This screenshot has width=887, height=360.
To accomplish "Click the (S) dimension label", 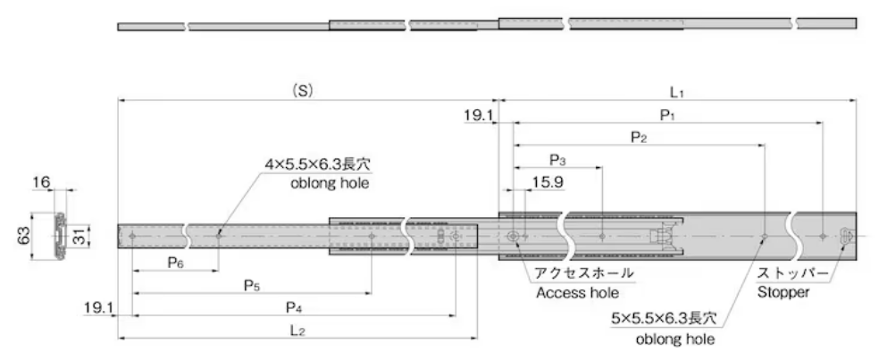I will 304,90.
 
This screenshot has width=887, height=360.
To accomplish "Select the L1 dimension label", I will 677,91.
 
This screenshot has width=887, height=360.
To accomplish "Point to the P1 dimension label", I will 666,113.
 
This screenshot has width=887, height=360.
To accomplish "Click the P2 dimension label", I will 638,137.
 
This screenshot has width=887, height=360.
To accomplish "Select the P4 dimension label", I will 292,307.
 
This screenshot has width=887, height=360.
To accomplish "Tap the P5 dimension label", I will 252,285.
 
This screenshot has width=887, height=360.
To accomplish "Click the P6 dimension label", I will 175,263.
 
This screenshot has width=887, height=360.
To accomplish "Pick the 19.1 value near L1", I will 478,114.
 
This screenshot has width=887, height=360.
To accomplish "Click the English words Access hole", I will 577,292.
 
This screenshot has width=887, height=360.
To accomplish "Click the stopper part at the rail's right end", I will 846,235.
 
